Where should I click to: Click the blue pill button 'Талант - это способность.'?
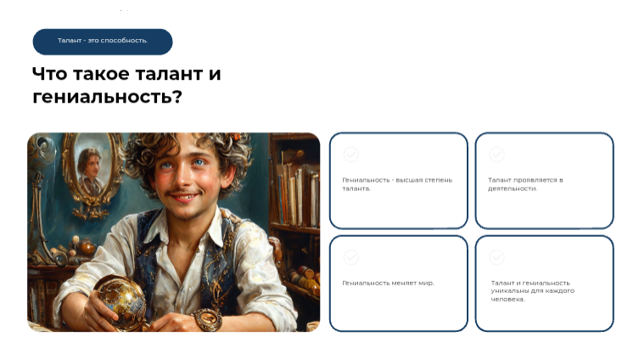click(103, 42)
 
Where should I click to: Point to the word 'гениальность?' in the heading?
click(107, 98)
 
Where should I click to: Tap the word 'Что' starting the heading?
click(49, 74)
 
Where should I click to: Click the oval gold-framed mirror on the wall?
click(92, 172)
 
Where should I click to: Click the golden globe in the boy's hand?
click(121, 301)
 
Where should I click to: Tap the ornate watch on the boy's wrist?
click(208, 319)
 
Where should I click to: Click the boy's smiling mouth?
click(187, 196)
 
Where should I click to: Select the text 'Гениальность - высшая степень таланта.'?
click(397, 184)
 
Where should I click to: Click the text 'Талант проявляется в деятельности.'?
click(525, 184)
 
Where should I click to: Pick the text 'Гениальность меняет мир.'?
click(388, 283)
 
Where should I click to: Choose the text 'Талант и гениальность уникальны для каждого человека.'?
click(532, 290)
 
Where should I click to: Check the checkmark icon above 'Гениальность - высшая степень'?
click(350, 155)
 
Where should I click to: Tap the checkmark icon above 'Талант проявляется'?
click(496, 155)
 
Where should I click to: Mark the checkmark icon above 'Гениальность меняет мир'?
click(350, 257)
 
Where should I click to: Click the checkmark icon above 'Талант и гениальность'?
click(496, 257)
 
